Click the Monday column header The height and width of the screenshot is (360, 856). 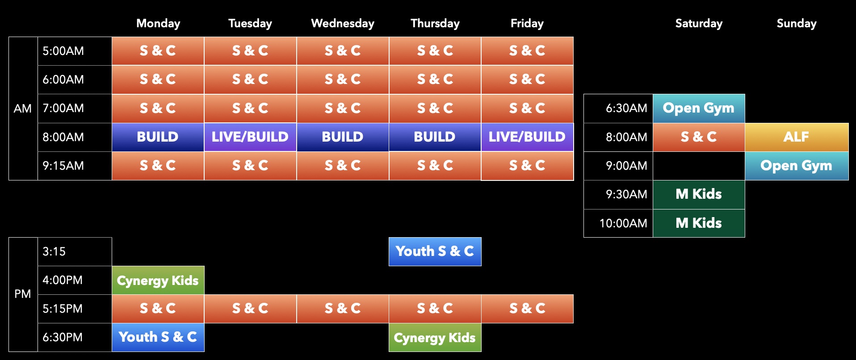(x=158, y=23)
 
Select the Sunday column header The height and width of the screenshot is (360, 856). (x=796, y=23)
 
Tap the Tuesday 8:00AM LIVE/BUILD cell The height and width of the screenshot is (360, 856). (x=250, y=137)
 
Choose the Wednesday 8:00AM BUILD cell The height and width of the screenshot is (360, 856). (x=343, y=137)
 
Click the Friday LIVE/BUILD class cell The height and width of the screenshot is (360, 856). (x=527, y=137)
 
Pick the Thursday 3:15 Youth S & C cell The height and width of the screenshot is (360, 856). (x=435, y=251)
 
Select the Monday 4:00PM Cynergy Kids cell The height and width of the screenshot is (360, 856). (x=158, y=280)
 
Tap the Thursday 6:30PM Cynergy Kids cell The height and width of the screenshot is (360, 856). (x=435, y=338)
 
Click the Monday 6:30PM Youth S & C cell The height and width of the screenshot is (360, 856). (x=158, y=337)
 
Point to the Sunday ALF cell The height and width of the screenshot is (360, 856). (x=796, y=137)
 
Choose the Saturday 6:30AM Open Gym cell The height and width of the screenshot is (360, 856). (x=699, y=108)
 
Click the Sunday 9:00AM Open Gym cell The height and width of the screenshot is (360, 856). (x=796, y=166)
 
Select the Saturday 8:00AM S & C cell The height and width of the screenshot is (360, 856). (x=699, y=137)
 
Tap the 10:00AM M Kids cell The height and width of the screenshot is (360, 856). (x=699, y=223)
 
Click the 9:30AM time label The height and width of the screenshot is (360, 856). (x=626, y=194)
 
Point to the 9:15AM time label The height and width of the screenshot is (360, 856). (x=63, y=166)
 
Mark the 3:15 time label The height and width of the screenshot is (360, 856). (x=54, y=251)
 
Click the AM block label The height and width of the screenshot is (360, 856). (x=23, y=109)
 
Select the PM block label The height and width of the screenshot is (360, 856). (x=23, y=294)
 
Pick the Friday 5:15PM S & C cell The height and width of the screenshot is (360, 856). (x=527, y=309)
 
